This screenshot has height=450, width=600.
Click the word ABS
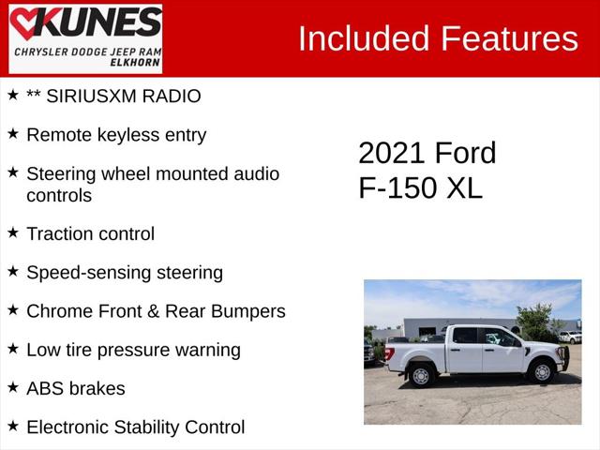(x=47, y=388)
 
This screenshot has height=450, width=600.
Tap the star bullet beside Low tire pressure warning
(x=13, y=348)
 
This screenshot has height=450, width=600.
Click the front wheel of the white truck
(x=542, y=372)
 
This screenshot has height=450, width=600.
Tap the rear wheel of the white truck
(x=421, y=375)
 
